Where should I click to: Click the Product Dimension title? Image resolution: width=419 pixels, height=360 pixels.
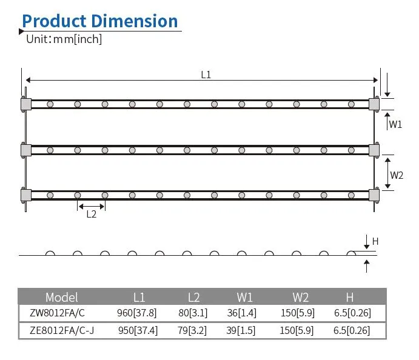pos(100,21)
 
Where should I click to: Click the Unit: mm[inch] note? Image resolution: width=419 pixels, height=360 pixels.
pos(64,39)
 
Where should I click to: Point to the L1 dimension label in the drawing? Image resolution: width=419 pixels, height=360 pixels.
pos(206,75)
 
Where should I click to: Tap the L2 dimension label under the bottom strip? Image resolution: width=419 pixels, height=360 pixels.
pos(91,214)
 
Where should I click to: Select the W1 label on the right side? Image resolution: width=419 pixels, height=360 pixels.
pos(395,124)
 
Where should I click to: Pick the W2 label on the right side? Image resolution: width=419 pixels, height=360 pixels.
pos(397,175)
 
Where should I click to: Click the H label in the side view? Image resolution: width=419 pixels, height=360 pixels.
pos(375,241)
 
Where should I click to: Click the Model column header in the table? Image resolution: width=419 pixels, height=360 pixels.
pos(62,297)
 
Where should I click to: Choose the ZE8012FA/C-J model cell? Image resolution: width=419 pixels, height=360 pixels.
pos(62,330)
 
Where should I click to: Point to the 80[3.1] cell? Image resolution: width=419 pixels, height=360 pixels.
pos(194,313)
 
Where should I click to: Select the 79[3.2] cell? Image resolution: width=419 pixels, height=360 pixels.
pos(194,330)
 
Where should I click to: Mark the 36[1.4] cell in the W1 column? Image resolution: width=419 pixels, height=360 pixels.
pos(244,313)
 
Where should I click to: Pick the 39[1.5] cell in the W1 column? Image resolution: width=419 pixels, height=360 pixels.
pos(244,330)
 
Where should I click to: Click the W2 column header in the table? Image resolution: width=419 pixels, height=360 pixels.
pos(301,297)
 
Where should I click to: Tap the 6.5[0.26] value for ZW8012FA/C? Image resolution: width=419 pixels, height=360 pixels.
pos(352,313)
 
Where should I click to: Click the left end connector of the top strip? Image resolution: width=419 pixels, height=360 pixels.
pos(25,104)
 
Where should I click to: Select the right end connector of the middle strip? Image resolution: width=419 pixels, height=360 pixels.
pos(374,150)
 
